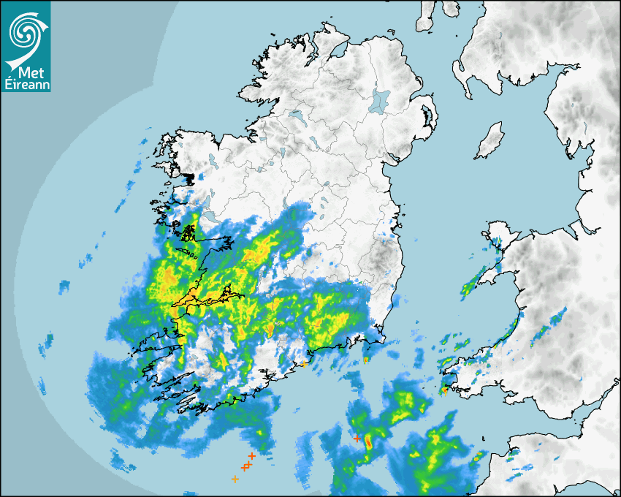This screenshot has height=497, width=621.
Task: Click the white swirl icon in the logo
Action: (25, 29)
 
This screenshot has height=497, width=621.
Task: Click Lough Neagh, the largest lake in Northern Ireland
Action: (380, 100)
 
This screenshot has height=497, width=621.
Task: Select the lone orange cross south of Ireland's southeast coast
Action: (357, 439)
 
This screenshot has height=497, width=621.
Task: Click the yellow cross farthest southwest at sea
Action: (235, 479)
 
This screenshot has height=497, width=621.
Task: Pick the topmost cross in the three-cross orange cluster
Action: (251, 455)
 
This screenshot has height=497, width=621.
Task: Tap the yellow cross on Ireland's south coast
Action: (304, 363)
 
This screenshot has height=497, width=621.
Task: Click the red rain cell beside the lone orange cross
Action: (368, 441)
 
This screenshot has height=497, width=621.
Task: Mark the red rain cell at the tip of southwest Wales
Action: (444, 390)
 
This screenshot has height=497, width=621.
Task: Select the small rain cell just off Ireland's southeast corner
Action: (367, 360)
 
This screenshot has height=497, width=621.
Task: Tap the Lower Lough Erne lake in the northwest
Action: (296, 115)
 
